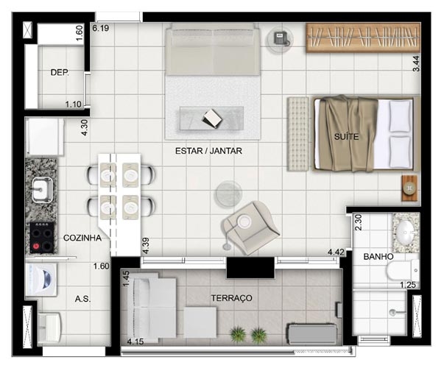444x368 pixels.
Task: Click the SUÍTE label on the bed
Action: point(346,137)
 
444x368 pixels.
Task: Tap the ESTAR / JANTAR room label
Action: point(208,151)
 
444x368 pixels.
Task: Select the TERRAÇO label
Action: point(232,298)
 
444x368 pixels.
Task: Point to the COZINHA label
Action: point(82,238)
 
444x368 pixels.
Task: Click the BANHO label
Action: point(378,257)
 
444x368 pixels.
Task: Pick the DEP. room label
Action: point(60,72)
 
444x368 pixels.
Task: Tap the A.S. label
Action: point(82,299)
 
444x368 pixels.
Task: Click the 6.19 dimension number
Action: point(101,28)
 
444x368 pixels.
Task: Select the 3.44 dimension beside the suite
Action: point(416,63)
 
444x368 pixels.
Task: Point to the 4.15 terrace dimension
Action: point(135,342)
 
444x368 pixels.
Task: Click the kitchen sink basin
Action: point(42,190)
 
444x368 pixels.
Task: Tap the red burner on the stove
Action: point(36,246)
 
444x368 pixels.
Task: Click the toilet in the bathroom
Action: point(402,270)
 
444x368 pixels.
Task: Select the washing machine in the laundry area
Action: point(41,280)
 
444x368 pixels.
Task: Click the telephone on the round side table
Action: point(281,38)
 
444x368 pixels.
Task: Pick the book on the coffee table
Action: point(212,118)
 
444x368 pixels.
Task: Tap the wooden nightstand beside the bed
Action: point(409,188)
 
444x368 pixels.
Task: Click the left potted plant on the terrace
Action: point(238,334)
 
